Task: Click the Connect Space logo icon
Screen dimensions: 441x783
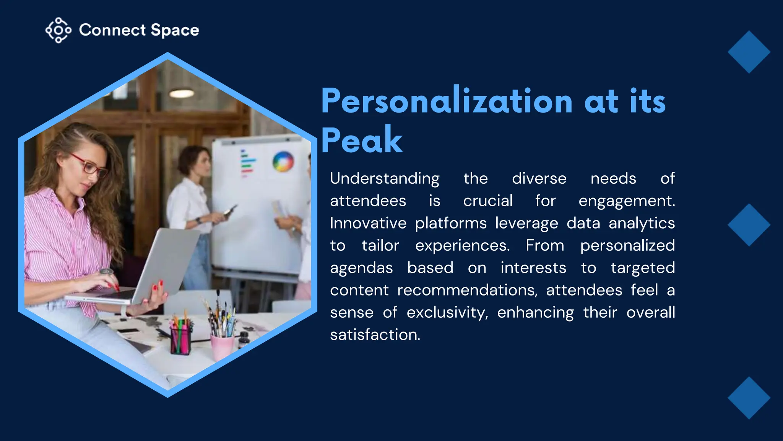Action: point(58,30)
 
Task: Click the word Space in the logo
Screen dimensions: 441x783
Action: point(175,30)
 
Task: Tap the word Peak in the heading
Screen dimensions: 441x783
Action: point(362,140)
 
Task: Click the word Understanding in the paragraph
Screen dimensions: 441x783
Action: point(385,179)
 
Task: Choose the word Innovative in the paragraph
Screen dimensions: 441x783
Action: point(368,223)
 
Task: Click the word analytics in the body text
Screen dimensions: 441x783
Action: point(642,224)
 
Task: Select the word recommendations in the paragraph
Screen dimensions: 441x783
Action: point(467,290)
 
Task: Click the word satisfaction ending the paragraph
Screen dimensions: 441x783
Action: point(375,335)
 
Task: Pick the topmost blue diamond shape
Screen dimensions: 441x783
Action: point(749,52)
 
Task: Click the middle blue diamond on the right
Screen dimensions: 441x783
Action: point(749,225)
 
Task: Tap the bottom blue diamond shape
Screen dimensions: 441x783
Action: point(749,398)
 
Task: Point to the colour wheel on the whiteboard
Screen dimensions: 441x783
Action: point(283,162)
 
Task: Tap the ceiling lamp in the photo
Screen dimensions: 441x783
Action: point(182,93)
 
